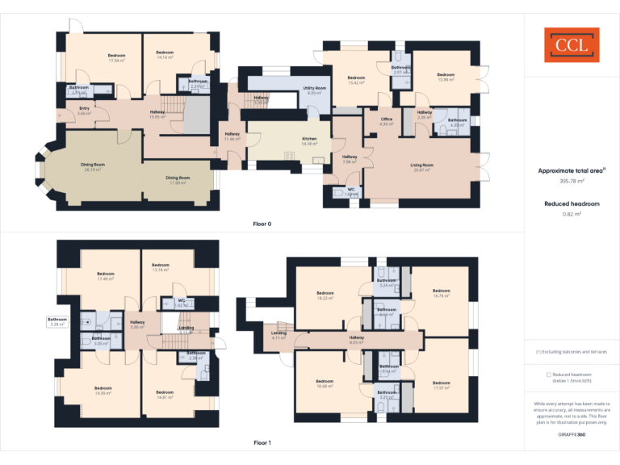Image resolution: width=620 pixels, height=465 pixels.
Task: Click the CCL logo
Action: point(572,45)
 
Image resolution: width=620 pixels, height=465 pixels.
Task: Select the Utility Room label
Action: point(314,90)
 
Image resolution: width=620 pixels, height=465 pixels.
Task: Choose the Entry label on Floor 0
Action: point(84,111)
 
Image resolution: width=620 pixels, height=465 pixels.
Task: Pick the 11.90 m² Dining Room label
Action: point(178,180)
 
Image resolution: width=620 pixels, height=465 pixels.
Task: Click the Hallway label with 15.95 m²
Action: point(158,114)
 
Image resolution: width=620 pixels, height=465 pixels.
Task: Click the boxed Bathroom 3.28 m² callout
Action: point(57,321)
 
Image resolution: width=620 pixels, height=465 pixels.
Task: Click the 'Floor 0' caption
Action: point(262,223)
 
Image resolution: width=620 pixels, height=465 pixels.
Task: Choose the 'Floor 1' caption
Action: point(262,442)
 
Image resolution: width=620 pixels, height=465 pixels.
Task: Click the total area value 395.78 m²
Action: point(572,181)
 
